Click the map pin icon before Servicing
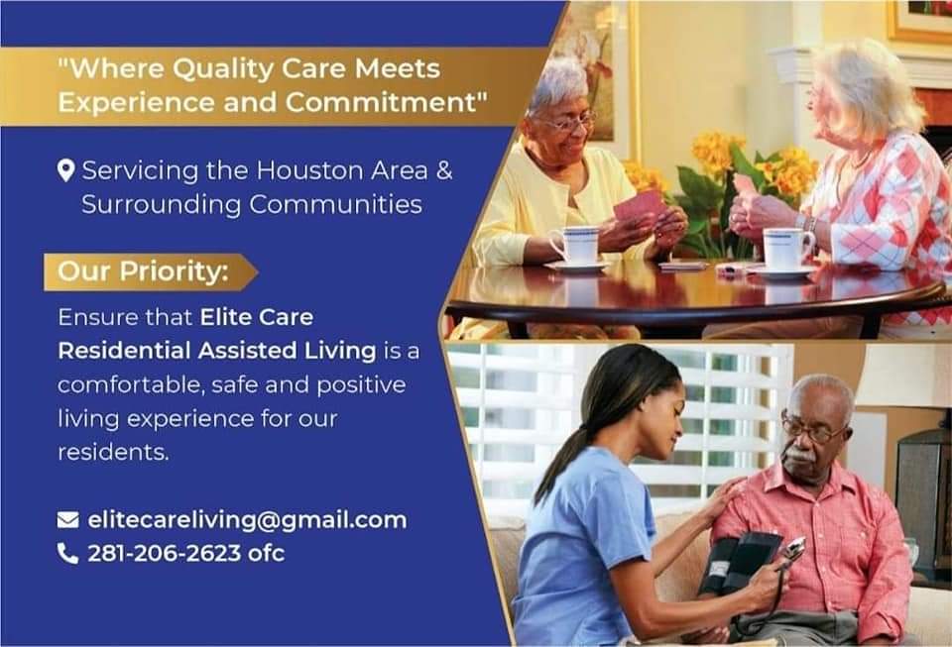[66, 171]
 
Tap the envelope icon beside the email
[67, 519]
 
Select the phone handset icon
[67, 553]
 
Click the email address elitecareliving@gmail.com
[247, 519]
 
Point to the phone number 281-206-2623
[165, 553]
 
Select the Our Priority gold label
[145, 271]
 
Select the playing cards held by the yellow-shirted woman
[639, 205]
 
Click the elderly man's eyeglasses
[813, 428]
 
